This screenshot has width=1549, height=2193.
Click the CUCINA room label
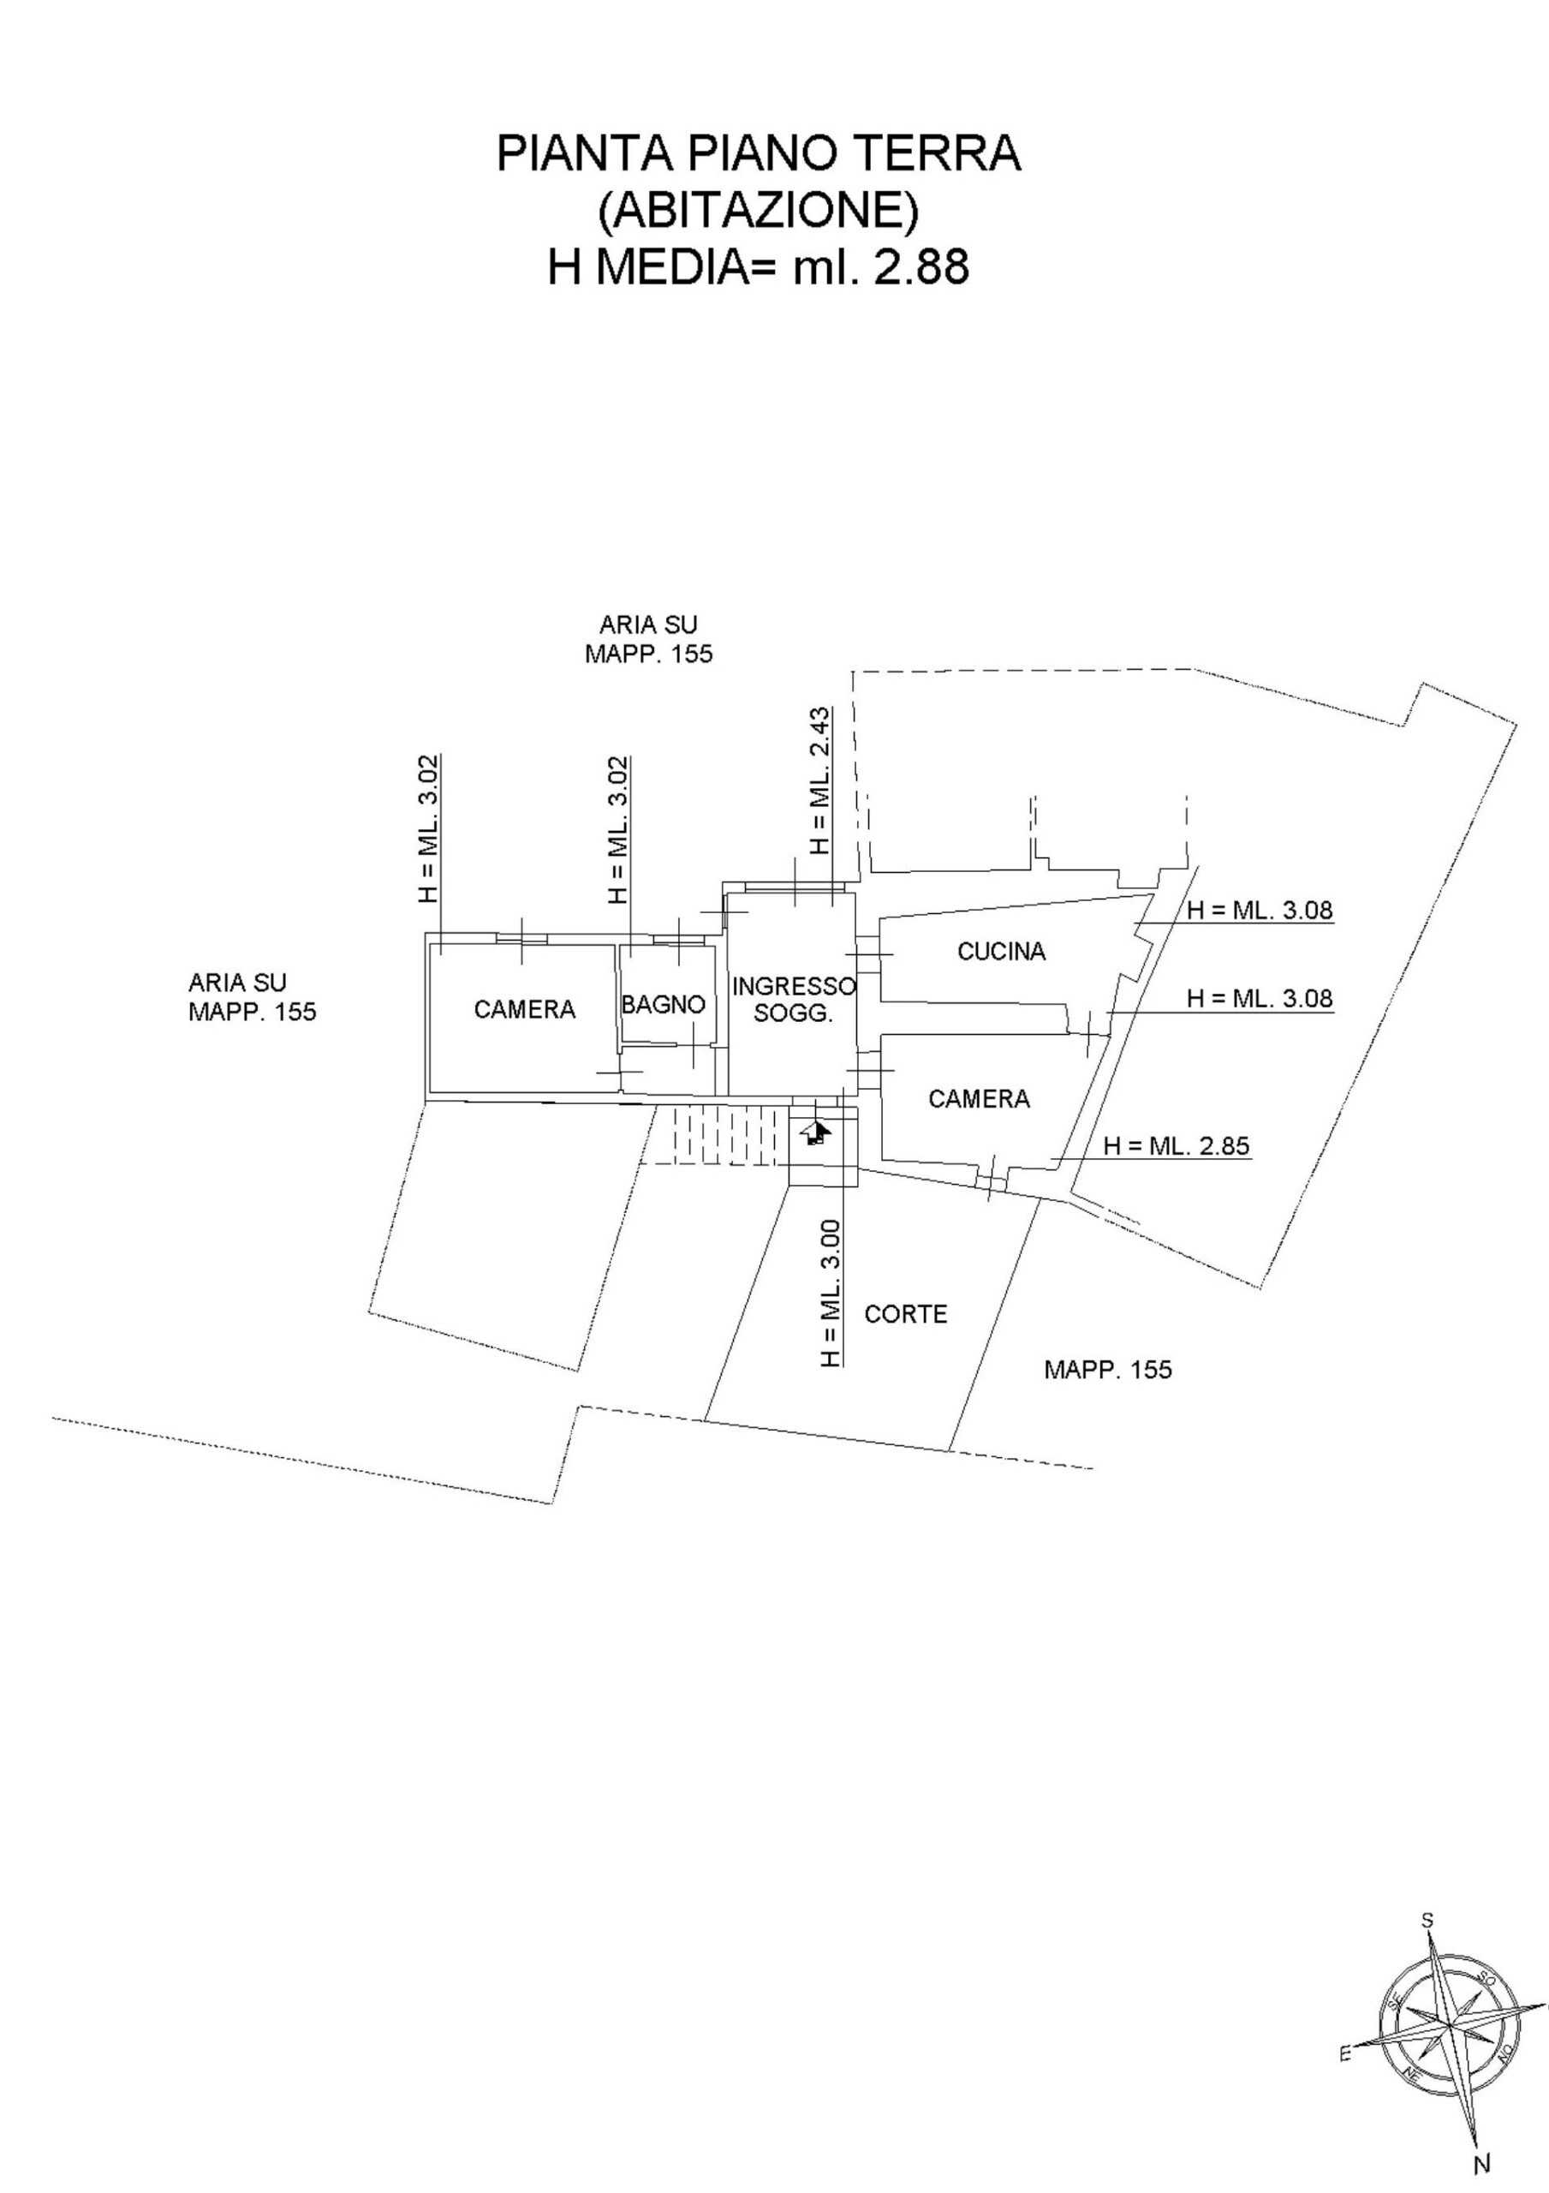tap(1002, 952)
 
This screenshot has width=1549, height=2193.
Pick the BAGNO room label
tap(663, 1004)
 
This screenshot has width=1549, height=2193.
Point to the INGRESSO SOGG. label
tap(794, 1000)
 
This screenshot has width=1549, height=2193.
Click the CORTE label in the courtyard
tap(905, 1314)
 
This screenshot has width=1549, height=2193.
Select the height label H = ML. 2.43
tap(819, 781)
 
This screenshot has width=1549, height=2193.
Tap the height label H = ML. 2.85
tap(1177, 1145)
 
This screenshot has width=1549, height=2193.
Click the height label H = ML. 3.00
tap(831, 1294)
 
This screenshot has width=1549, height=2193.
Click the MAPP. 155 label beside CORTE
tap(1108, 1370)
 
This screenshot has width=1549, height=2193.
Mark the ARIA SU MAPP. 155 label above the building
tap(648, 639)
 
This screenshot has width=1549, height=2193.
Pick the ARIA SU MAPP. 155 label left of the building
tap(252, 996)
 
